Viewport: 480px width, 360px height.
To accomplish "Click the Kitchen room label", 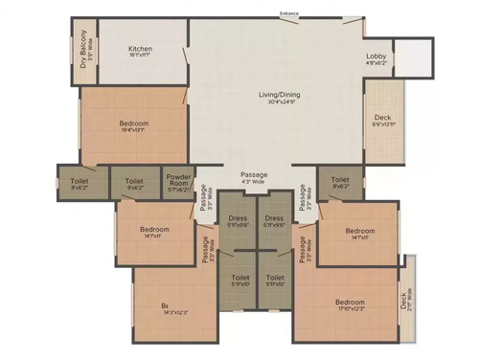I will point(142,49).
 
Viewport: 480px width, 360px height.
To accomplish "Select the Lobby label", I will point(376,56).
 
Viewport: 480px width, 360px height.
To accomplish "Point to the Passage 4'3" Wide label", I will point(254,174).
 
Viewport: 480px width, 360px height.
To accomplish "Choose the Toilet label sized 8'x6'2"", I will point(340,179).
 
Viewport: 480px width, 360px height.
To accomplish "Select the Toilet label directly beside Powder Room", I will point(134,180).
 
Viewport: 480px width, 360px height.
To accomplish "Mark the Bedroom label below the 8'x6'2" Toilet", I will point(359,231).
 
